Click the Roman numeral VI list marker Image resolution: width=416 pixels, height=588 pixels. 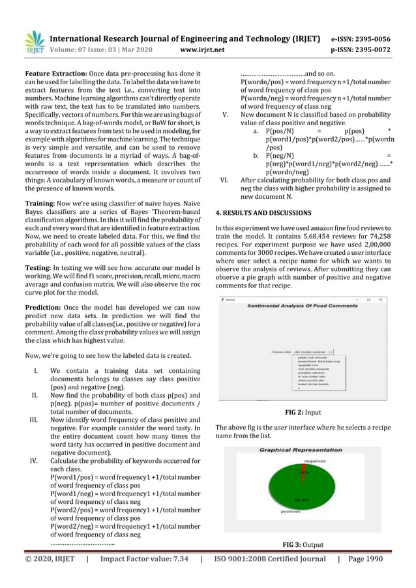coord(224,179)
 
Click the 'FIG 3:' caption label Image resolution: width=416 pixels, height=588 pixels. coord(293,544)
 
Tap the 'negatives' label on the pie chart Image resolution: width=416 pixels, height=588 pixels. coord(315,461)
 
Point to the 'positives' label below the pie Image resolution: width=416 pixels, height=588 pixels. coord(291,512)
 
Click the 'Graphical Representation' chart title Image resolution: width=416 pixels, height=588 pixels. coord(302,450)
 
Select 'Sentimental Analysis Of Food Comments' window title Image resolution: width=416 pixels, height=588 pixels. coord(303,304)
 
